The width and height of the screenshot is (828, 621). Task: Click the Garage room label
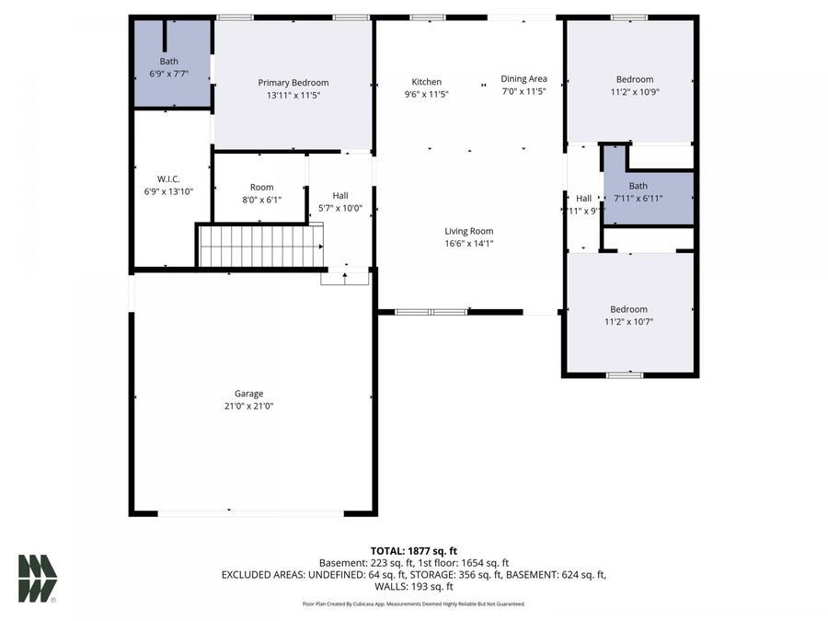(247, 394)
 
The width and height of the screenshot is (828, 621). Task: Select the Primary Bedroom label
(293, 83)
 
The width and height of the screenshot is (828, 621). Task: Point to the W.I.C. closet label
(168, 178)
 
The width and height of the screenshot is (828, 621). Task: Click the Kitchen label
(426, 81)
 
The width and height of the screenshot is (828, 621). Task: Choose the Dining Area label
(523, 79)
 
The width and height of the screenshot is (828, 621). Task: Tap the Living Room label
(469, 231)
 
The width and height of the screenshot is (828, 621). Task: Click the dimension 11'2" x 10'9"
(635, 91)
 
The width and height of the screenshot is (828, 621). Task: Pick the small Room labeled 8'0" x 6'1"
(261, 188)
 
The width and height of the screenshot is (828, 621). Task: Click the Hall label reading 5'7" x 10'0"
(340, 195)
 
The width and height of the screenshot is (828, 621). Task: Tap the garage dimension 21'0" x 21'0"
(247, 406)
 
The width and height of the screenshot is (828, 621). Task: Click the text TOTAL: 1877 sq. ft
(413, 549)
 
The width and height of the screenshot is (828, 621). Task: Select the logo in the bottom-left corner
(38, 579)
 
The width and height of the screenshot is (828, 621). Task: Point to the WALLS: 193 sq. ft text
(413, 586)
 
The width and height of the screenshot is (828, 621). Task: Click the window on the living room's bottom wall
(431, 312)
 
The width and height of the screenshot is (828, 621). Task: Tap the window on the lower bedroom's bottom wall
(624, 374)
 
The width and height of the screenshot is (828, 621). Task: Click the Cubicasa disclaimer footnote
(413, 604)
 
